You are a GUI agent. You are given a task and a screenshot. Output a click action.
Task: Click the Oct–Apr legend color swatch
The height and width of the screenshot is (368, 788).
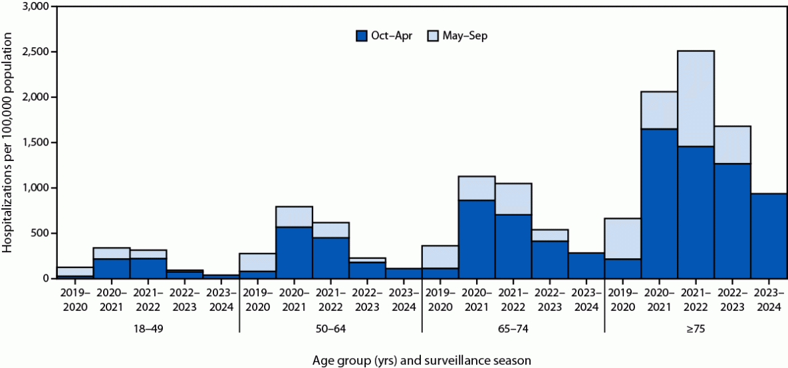click(362, 36)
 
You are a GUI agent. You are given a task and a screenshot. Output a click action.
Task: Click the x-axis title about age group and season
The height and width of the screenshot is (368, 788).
click(422, 360)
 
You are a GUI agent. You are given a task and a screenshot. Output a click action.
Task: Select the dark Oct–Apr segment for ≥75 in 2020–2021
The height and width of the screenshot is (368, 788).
click(659, 203)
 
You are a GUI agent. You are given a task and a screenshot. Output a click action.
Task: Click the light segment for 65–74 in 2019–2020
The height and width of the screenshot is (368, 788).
click(440, 257)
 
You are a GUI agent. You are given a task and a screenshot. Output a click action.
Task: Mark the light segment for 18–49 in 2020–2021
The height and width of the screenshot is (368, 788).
click(111, 253)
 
